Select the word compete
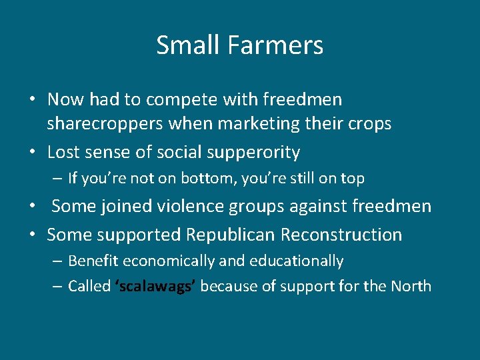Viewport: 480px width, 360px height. pyautogui.click(x=177, y=100)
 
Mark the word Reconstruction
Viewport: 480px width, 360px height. pyautogui.click(x=342, y=235)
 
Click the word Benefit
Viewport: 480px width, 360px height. pyautogui.click(x=93, y=261)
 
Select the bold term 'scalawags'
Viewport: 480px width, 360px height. pyautogui.click(x=155, y=287)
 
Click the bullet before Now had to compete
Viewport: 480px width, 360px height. pyautogui.click(x=32, y=101)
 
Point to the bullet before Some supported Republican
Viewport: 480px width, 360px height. pyautogui.click(x=32, y=235)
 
